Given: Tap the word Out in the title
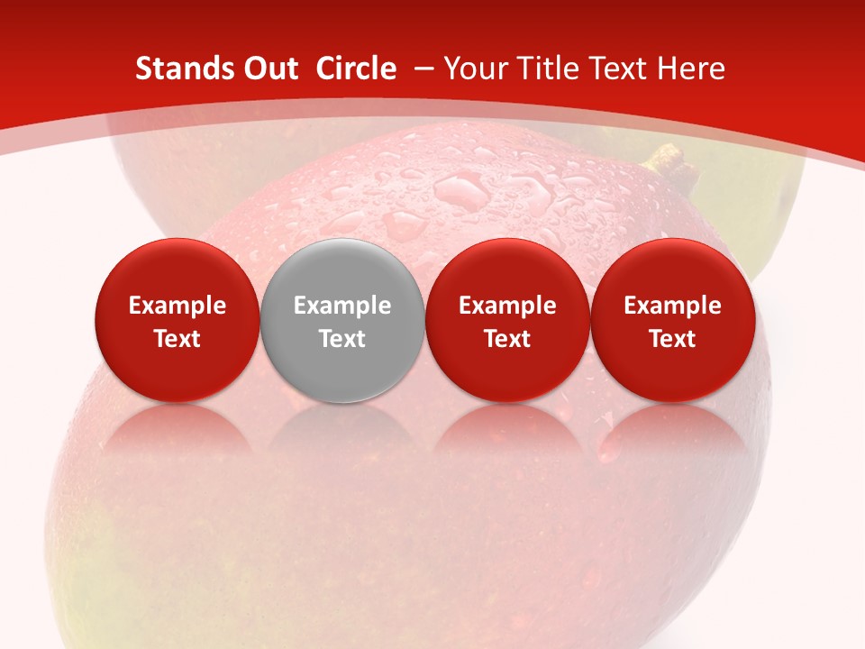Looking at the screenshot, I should coord(269,69).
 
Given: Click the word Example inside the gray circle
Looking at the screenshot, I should coord(342,306).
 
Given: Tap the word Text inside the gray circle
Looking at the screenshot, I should coord(342,339).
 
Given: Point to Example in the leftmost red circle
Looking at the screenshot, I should coord(177,306).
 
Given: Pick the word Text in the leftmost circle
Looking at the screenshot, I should coord(177,339).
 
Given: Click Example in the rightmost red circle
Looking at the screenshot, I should coord(673,306).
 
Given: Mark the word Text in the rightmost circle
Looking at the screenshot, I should coord(673,339).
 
